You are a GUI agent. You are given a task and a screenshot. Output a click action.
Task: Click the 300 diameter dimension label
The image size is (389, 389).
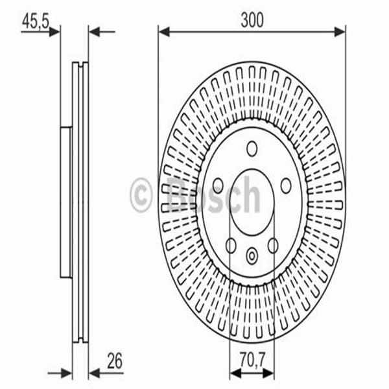[252, 20]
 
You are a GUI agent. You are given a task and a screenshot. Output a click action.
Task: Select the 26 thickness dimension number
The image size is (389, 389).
[115, 360]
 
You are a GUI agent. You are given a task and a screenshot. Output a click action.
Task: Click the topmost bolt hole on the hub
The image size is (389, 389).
[252, 148]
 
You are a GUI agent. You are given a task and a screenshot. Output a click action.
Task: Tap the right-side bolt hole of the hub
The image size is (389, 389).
[286, 185]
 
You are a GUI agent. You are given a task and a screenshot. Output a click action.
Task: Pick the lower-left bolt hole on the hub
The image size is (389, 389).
[231, 246]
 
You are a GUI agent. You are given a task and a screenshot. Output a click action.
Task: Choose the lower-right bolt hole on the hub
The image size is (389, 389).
[273, 246]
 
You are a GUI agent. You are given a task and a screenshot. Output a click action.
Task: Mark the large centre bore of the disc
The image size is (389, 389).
[252, 201]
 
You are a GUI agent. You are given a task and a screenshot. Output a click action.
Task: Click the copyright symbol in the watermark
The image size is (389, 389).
[141, 194]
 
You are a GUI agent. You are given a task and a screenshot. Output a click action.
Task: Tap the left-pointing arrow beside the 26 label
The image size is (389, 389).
[95, 372]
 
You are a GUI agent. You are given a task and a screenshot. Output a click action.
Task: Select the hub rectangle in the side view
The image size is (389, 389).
[65, 202]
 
